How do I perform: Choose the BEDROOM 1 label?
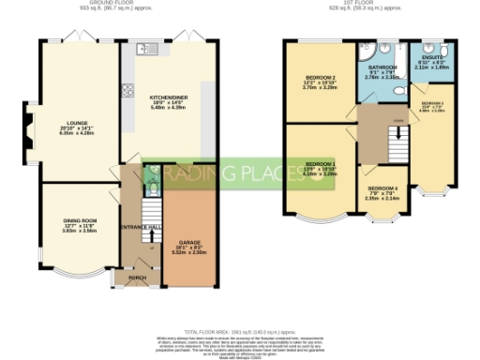[321, 164]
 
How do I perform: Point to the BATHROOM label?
[382, 68]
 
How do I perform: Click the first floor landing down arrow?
[397, 132]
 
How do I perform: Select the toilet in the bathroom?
[401, 90]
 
